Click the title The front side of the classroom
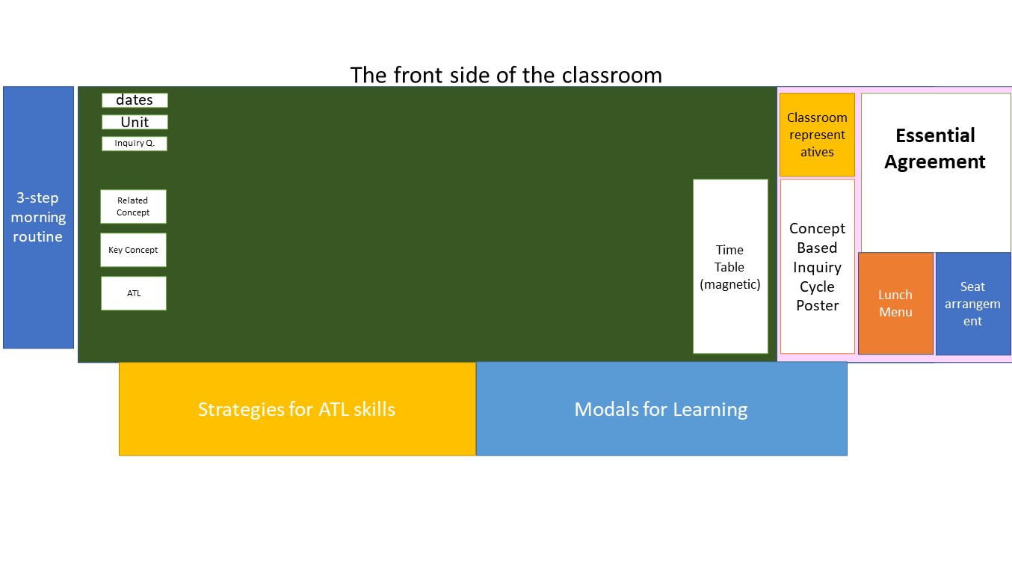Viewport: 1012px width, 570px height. click(x=506, y=76)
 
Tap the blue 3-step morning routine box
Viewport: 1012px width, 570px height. click(x=38, y=217)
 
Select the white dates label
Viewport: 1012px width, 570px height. click(x=135, y=100)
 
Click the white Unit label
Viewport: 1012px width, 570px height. click(x=135, y=122)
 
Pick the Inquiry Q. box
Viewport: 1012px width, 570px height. click(x=135, y=144)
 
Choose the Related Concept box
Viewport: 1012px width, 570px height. click(x=133, y=206)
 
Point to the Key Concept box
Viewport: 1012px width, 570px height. click(x=133, y=250)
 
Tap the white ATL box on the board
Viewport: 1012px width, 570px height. click(x=134, y=293)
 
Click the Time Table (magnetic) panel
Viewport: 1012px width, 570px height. click(x=730, y=266)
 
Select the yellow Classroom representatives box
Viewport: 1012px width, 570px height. click(x=817, y=135)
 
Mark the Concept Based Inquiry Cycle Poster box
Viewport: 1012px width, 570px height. click(x=817, y=266)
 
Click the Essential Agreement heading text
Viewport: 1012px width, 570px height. click(x=935, y=149)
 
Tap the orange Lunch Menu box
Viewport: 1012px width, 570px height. click(x=895, y=303)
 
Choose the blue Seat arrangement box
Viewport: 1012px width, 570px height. click(x=972, y=303)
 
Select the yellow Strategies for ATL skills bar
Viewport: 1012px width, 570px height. click(x=297, y=409)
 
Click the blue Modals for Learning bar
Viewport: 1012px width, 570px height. click(x=661, y=409)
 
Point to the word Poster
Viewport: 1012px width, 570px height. click(x=817, y=306)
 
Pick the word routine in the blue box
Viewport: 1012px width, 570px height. click(x=37, y=237)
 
